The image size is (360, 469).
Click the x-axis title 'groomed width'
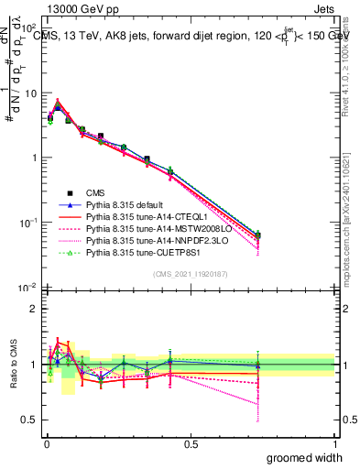(x=306, y=457)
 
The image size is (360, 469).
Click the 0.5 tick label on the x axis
(x=191, y=443)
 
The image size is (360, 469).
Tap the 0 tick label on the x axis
(x=46, y=443)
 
